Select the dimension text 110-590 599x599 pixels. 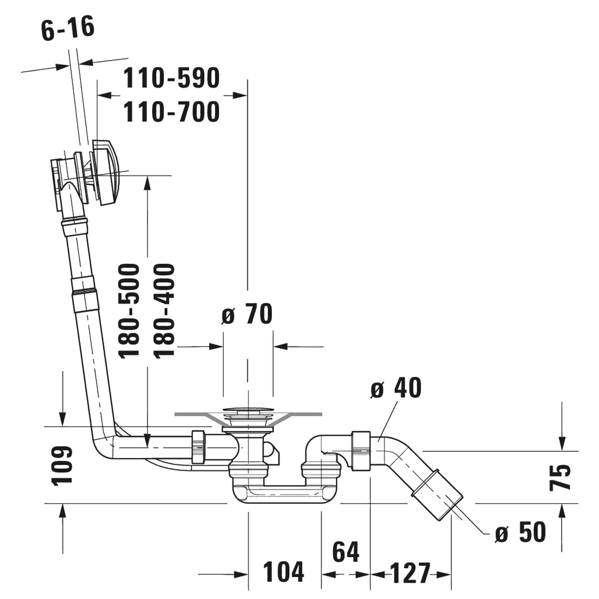171,78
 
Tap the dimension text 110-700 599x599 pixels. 171,112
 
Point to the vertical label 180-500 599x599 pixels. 129,311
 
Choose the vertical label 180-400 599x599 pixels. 164,311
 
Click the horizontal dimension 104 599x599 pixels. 283,572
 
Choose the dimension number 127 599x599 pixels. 411,572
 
